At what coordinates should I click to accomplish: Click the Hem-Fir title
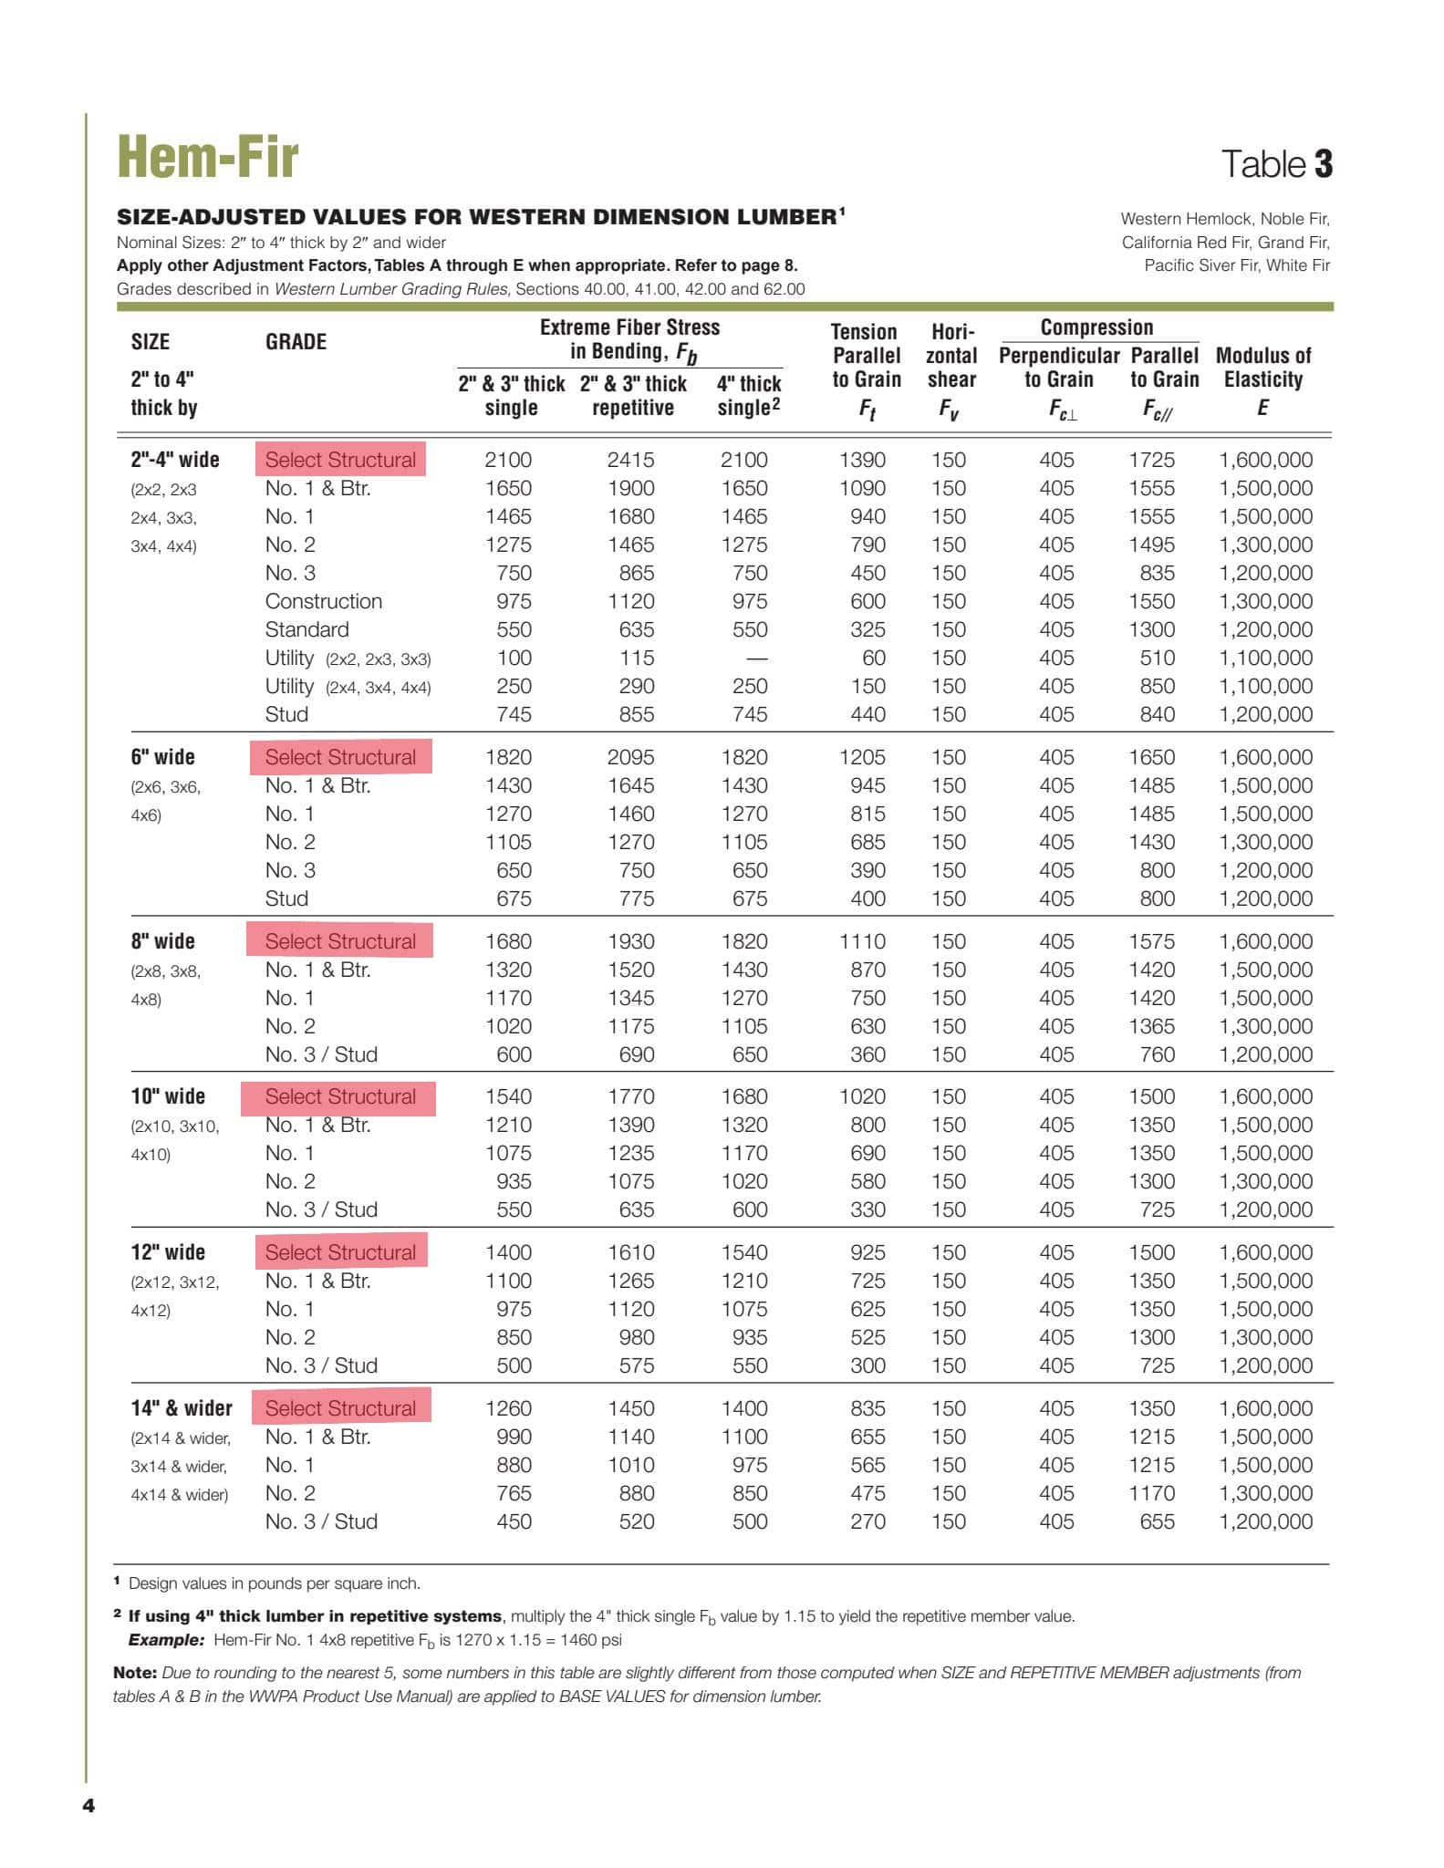pyautogui.click(x=208, y=157)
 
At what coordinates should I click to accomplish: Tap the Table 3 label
pyautogui.click(x=1276, y=164)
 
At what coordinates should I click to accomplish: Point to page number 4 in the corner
pyautogui.click(x=88, y=1806)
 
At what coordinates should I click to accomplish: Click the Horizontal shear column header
pyautogui.click(x=951, y=369)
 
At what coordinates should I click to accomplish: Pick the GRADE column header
pyautogui.click(x=296, y=342)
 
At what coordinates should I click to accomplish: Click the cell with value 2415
pyautogui.click(x=630, y=461)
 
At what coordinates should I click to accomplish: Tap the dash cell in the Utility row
pyautogui.click(x=756, y=659)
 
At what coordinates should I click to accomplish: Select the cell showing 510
pyautogui.click(x=1157, y=659)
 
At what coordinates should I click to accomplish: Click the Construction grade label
pyautogui.click(x=323, y=602)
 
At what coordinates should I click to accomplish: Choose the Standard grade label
pyautogui.click(x=306, y=630)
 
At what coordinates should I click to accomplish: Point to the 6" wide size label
pyautogui.click(x=162, y=757)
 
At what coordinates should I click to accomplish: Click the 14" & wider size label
pyautogui.click(x=181, y=1408)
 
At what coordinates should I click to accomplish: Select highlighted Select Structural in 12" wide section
pyautogui.click(x=340, y=1252)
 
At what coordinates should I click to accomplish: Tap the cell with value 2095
pyautogui.click(x=630, y=758)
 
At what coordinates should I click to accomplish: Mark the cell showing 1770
pyautogui.click(x=630, y=1097)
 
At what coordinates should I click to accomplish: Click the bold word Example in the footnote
pyautogui.click(x=165, y=1640)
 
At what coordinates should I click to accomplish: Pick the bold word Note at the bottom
pyautogui.click(x=134, y=1673)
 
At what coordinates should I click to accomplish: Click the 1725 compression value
pyautogui.click(x=1151, y=461)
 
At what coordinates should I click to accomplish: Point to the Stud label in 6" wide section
pyautogui.click(x=286, y=899)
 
